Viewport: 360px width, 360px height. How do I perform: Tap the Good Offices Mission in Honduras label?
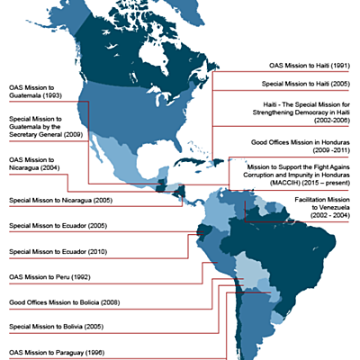[302, 143]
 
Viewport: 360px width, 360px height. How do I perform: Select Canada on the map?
[135, 63]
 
